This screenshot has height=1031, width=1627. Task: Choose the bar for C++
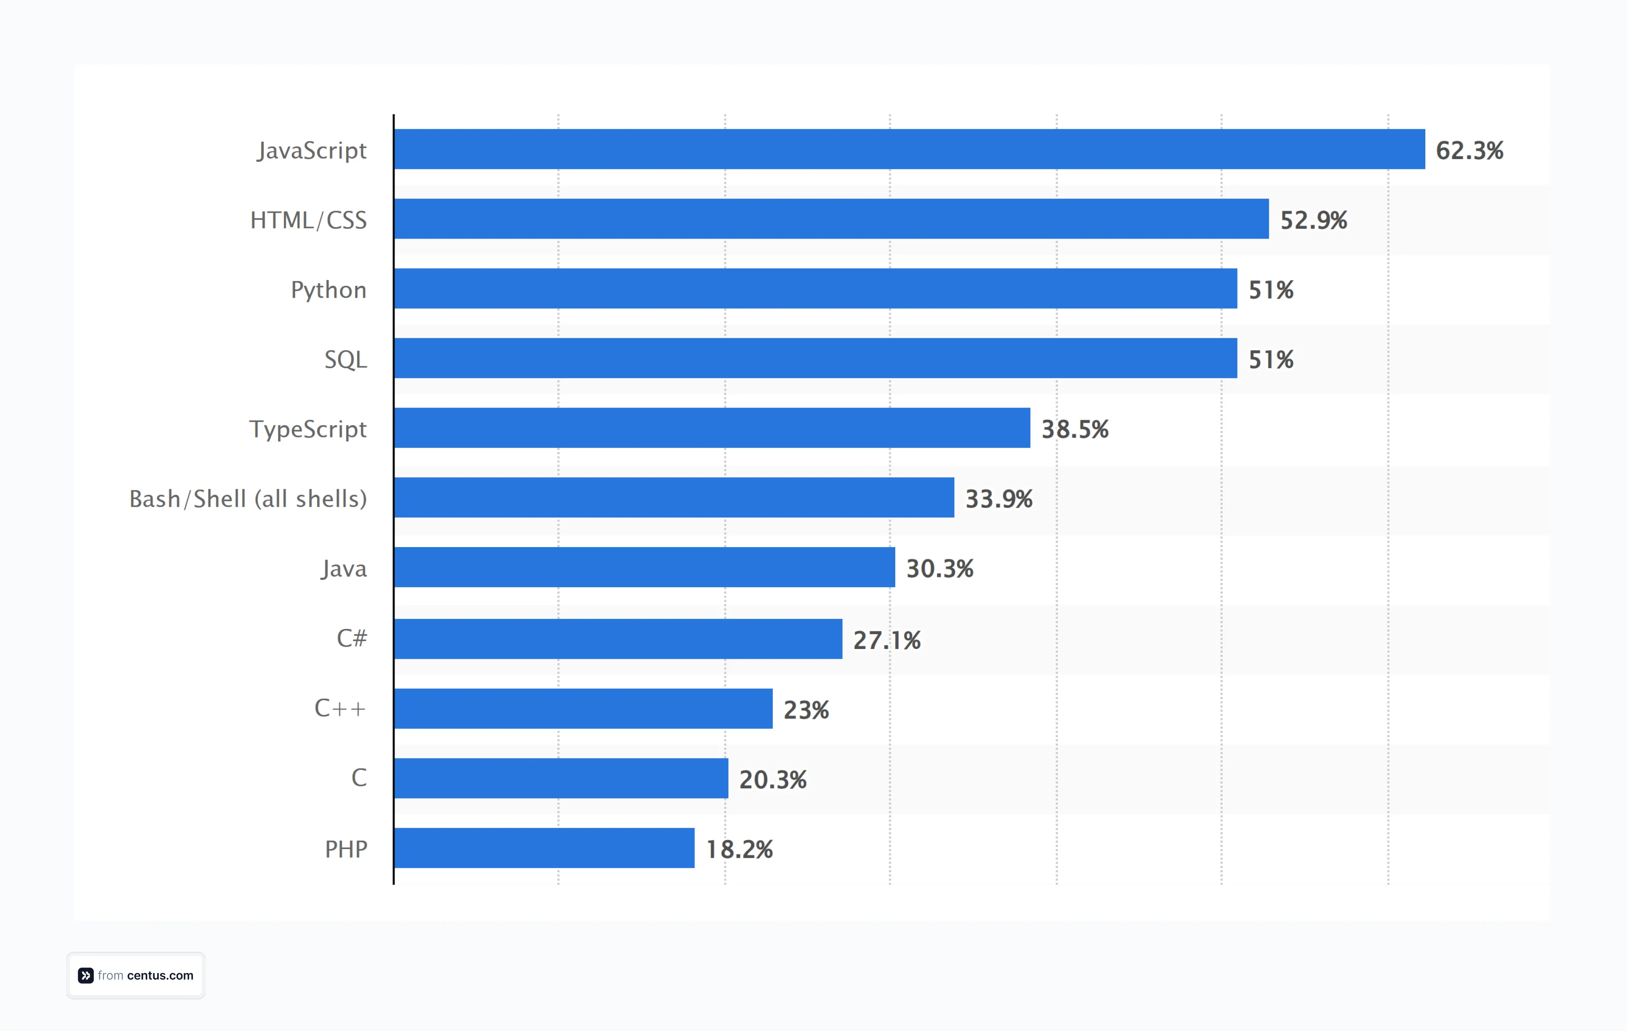pyautogui.click(x=583, y=709)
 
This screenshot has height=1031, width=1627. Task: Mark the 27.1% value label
pyautogui.click(x=887, y=640)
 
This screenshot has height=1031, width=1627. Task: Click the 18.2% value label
pyautogui.click(x=739, y=850)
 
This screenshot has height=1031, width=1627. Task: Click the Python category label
pyautogui.click(x=328, y=290)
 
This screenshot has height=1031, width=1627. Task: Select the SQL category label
pyautogui.click(x=345, y=360)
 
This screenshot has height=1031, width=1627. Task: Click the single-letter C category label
pyautogui.click(x=359, y=778)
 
